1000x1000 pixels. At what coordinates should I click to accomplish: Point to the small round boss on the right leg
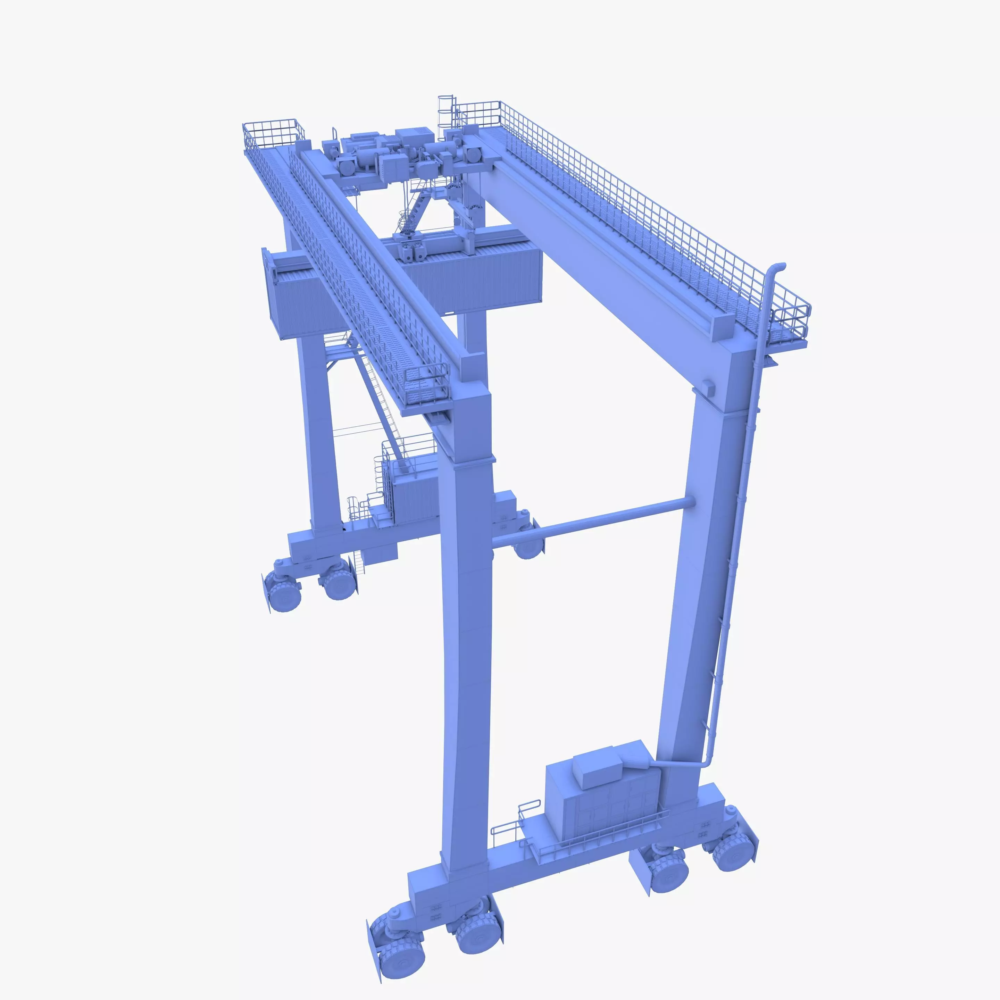[708, 386]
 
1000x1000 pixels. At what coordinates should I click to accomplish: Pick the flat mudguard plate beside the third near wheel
[639, 875]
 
